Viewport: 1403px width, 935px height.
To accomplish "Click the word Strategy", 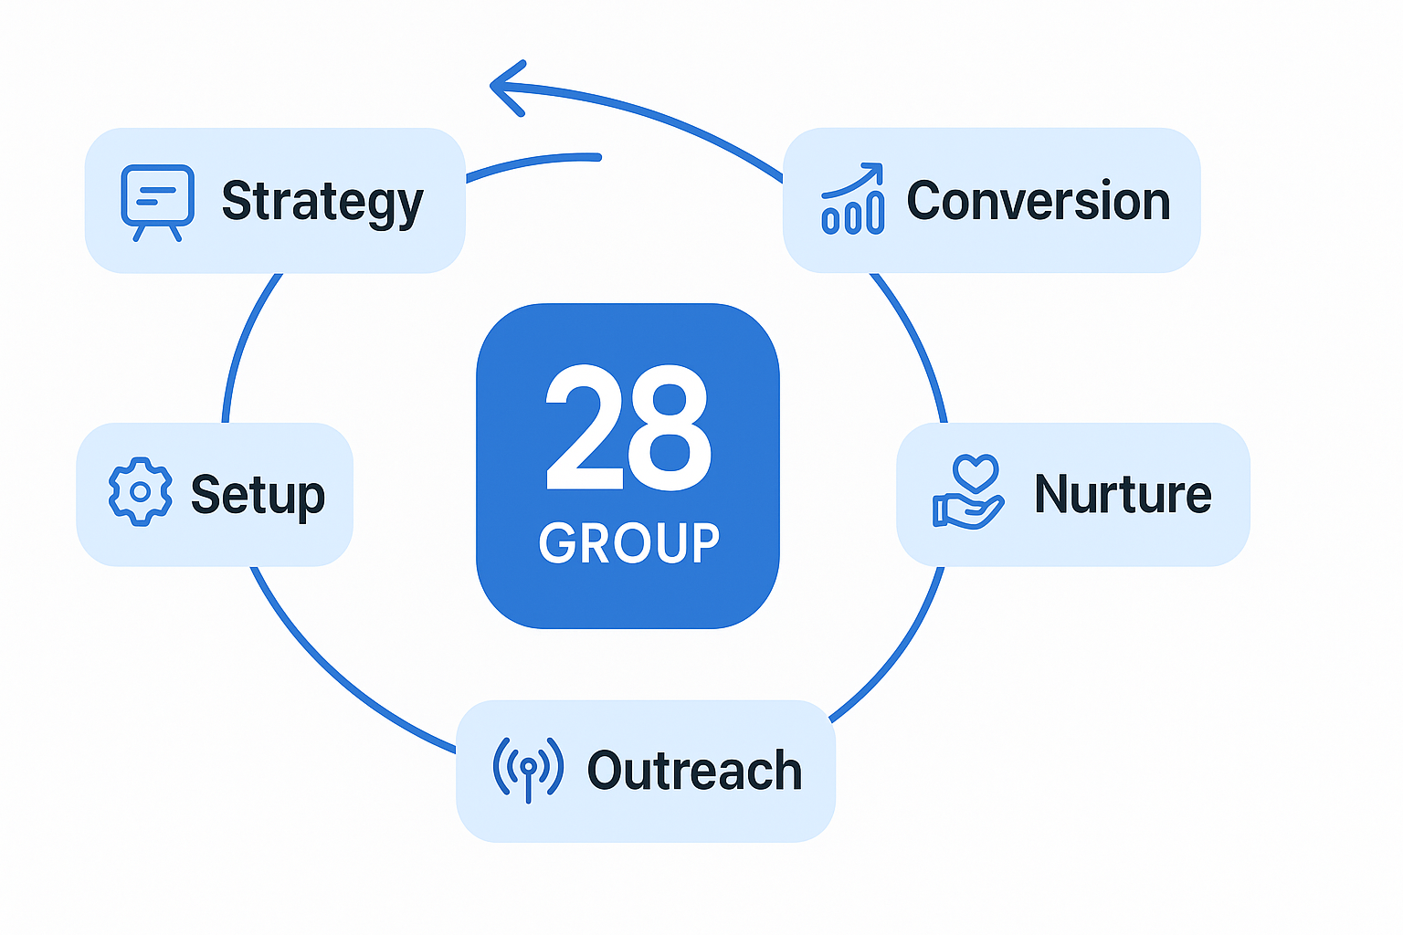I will (322, 202).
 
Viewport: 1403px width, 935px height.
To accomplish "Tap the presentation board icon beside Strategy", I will (157, 200).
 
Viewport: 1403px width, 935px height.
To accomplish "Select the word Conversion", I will (1038, 201).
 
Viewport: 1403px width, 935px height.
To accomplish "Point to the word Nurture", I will (1123, 494).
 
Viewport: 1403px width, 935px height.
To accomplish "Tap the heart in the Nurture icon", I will (976, 473).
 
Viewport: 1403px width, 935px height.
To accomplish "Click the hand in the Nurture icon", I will (966, 511).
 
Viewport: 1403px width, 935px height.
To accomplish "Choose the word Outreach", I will (694, 771).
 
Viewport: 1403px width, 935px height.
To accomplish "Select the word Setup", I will (258, 495).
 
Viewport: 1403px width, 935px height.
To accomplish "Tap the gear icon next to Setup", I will (140, 492).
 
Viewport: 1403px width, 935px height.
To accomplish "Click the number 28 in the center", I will (628, 427).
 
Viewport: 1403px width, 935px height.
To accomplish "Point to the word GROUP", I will (628, 543).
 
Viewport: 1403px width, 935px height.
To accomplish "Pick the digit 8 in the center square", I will (669, 427).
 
